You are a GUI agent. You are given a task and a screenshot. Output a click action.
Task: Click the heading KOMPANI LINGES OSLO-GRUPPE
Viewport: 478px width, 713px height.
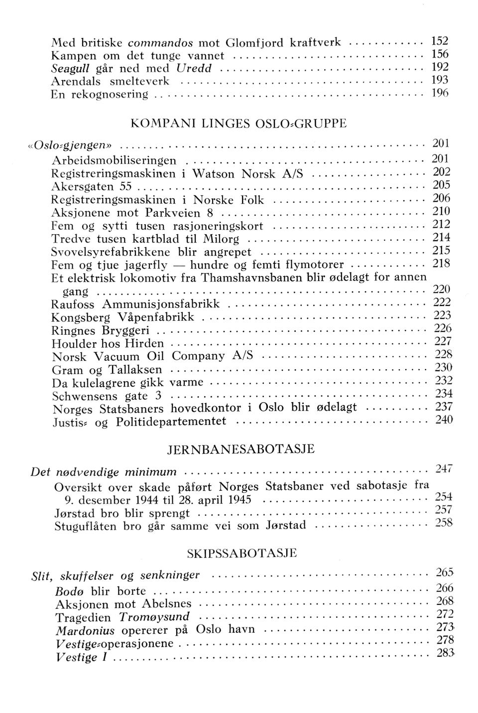(238, 124)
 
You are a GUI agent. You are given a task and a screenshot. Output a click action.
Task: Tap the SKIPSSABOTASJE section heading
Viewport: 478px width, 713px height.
(241, 553)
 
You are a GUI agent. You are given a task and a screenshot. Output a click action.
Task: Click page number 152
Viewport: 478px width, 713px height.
(440, 41)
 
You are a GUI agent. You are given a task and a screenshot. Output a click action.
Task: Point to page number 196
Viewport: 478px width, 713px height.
(440, 93)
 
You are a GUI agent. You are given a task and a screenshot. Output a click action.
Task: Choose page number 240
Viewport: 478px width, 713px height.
(444, 420)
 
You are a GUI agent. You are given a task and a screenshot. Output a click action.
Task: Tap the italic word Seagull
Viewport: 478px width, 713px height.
(70, 68)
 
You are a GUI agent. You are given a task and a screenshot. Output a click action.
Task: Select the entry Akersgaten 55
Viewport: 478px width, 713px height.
(91, 187)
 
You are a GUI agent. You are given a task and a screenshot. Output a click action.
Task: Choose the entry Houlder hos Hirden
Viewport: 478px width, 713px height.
(108, 343)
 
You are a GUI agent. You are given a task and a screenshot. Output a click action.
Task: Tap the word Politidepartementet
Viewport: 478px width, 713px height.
(171, 422)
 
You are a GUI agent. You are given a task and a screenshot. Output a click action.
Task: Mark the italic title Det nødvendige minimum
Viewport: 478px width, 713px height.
(104, 471)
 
